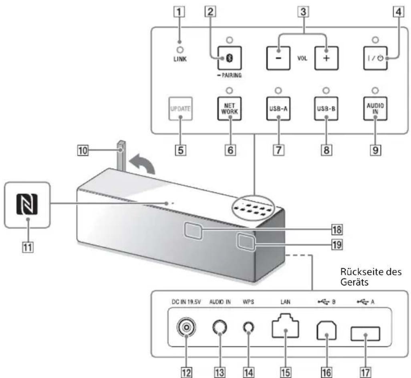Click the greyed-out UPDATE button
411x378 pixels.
tap(180, 108)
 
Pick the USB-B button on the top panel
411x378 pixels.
tap(326, 108)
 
